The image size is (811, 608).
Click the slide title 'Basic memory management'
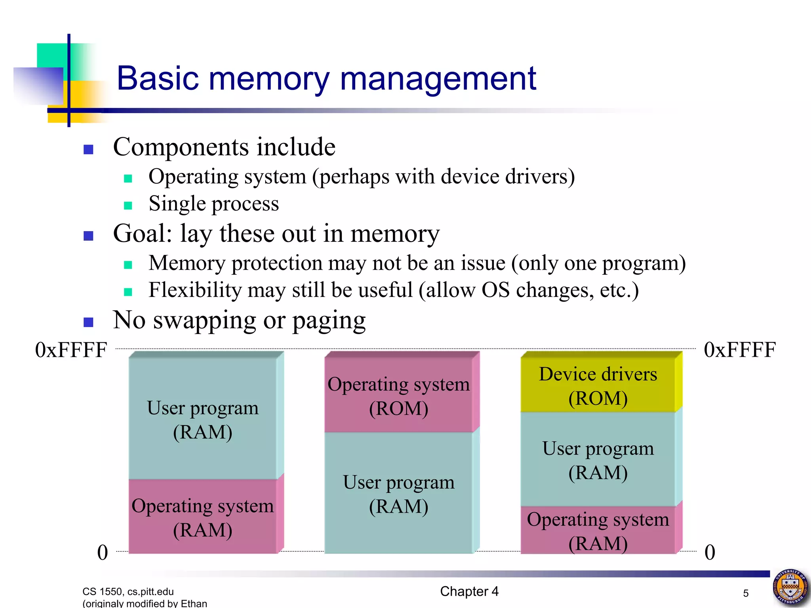coord(326,78)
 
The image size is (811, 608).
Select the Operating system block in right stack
coord(598,530)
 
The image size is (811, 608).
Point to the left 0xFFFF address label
coord(71,350)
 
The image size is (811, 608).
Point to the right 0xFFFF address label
coord(739,350)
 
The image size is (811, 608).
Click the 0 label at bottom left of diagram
coord(103,552)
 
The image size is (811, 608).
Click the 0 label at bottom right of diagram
coord(710,552)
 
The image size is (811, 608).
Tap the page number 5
coord(746,593)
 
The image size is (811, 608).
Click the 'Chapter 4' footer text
coord(469,591)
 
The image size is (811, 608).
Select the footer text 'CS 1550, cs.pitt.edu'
coord(128,591)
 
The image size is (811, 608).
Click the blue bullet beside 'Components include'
coord(88,149)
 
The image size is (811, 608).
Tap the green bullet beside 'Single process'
coord(128,205)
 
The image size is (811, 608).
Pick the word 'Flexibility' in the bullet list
coord(195,290)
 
